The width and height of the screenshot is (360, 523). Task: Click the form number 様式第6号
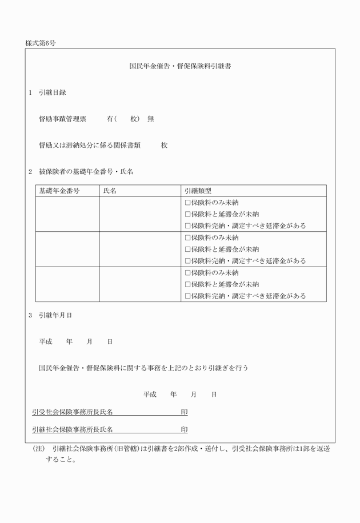tap(41, 43)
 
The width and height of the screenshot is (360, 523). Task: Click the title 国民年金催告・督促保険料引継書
tap(180, 66)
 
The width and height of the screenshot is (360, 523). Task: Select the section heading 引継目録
tap(52, 92)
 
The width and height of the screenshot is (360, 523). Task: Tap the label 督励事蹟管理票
tap(62, 119)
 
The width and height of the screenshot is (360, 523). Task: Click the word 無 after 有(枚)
tap(150, 119)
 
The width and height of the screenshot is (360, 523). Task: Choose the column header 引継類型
tap(198, 191)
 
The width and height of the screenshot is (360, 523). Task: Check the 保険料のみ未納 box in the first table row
tap(187, 203)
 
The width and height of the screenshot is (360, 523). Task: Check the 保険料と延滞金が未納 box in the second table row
tap(187, 249)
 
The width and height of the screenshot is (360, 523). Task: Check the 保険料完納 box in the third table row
tap(187, 296)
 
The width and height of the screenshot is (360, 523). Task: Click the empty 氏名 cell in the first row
tap(140, 214)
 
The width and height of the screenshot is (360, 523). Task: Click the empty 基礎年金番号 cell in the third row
tap(67, 284)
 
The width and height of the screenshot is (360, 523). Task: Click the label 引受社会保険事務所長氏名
tap(73, 412)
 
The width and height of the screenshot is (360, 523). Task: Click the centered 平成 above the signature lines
tap(150, 394)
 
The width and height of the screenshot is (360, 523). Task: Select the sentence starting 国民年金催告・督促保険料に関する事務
tap(143, 368)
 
